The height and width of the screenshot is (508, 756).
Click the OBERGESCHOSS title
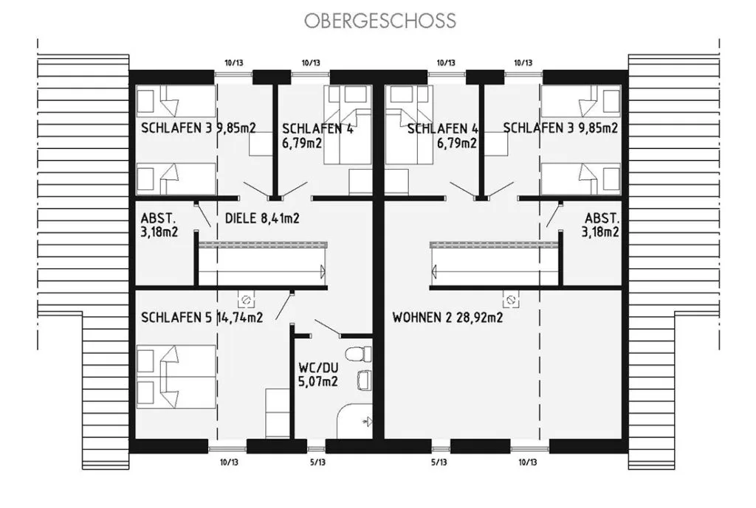(380, 21)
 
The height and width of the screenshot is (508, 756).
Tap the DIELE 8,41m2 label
(262, 218)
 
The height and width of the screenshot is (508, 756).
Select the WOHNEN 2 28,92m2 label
(447, 317)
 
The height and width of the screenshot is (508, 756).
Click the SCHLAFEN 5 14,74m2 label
(202, 317)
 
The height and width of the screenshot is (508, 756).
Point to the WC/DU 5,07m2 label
(318, 375)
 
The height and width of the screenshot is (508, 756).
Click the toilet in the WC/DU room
(360, 354)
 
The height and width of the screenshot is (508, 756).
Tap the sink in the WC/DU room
(364, 380)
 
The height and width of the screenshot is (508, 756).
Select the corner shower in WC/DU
(354, 421)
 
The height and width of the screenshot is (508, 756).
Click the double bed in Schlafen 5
(176, 377)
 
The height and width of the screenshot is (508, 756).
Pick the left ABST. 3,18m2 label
(159, 225)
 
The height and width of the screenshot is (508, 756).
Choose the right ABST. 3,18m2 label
(600, 225)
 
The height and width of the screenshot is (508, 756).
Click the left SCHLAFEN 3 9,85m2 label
(198, 128)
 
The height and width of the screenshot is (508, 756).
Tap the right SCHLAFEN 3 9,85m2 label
(560, 128)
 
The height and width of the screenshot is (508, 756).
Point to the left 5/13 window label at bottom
(317, 462)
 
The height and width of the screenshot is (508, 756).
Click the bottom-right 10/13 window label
(527, 462)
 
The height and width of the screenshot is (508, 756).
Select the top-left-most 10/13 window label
(234, 63)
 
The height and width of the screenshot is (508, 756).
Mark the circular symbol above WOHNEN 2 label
(511, 301)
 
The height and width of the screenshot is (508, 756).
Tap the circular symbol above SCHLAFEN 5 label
(245, 301)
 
